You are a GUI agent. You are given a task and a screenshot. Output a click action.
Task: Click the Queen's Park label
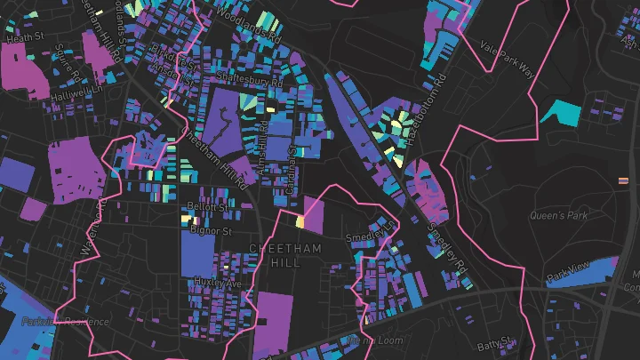(559, 215)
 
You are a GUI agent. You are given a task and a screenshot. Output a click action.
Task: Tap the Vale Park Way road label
(508, 61)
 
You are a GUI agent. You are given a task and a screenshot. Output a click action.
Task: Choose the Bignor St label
(211, 230)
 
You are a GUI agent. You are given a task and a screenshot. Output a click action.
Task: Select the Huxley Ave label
(218, 283)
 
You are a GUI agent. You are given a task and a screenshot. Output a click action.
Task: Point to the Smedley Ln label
(371, 233)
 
